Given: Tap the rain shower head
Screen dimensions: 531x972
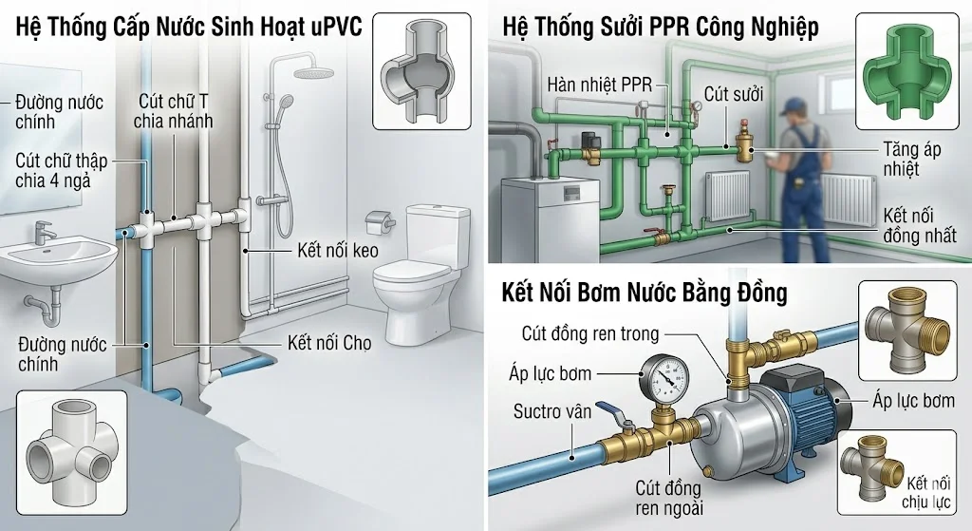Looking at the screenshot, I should click(x=307, y=73).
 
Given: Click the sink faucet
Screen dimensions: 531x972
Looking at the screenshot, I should click(x=43, y=231).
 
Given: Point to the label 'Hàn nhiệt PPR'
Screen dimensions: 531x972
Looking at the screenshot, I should click(x=599, y=85).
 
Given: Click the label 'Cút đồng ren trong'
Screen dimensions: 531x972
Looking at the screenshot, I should click(x=589, y=333).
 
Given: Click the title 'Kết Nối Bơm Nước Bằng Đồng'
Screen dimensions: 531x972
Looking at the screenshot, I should click(x=644, y=293).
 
